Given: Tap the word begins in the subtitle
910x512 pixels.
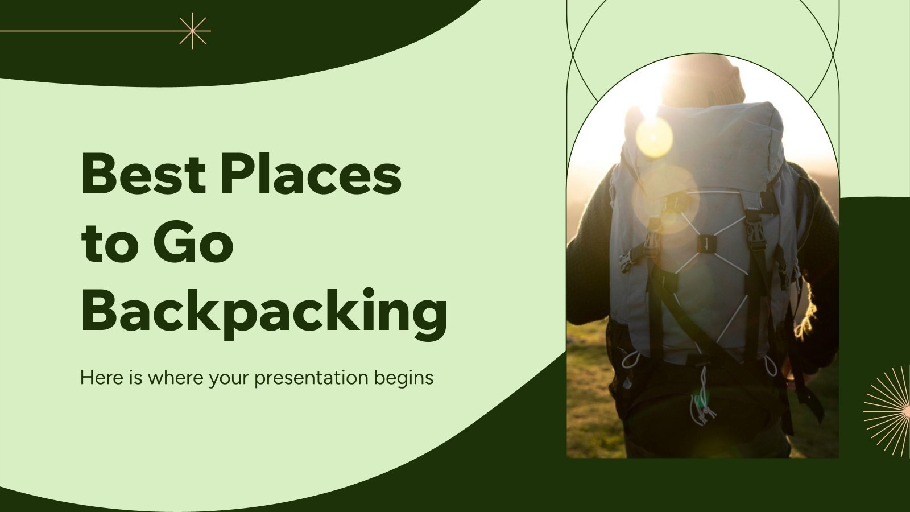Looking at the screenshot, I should point(404,378).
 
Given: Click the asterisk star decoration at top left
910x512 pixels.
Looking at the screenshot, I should point(193,31).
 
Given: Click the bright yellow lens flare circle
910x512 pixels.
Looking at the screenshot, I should point(654,137).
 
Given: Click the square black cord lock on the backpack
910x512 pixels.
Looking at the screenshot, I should point(706,243).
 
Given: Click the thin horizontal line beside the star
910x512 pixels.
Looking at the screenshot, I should point(85,31).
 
